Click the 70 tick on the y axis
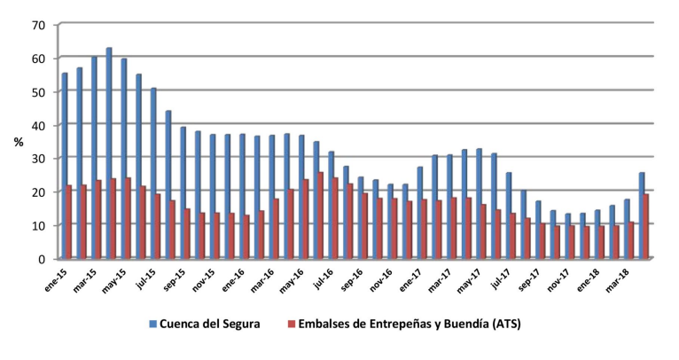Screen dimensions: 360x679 37,25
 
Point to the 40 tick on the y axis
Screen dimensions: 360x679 37,125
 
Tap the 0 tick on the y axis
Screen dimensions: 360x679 41,259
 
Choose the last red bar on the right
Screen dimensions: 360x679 646,226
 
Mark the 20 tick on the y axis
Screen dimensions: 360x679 37,192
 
